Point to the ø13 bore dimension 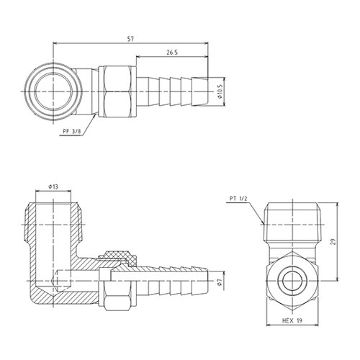(x=53, y=186)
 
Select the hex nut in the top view (x=117, y=92)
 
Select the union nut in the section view (x=119, y=279)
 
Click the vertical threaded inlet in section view (x=53, y=223)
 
